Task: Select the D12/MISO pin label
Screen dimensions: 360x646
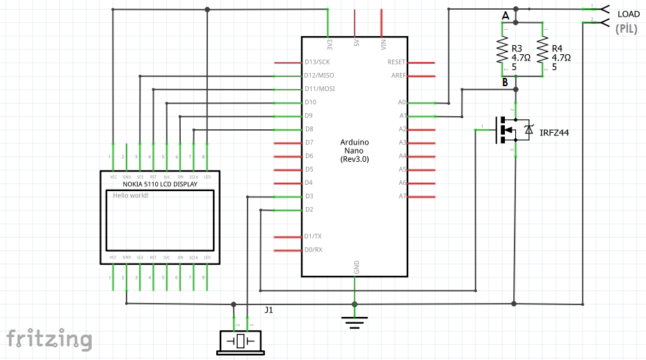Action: pos(318,75)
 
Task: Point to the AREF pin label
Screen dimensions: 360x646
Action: pos(398,75)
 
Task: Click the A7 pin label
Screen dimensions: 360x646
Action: pos(402,197)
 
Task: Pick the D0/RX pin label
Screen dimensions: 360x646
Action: pos(314,249)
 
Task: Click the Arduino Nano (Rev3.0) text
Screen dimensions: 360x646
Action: pos(355,151)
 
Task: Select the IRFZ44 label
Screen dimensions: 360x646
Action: pos(554,132)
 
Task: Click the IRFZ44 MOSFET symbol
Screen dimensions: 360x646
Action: pos(511,129)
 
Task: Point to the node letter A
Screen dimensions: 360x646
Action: pos(506,15)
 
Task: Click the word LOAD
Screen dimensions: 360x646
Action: pos(629,14)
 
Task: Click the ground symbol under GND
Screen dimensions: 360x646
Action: pos(355,320)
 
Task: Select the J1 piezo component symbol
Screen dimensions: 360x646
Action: pos(241,342)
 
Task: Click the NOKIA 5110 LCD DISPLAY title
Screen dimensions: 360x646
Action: pos(160,185)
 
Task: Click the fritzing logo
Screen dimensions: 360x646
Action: pos(49,339)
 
